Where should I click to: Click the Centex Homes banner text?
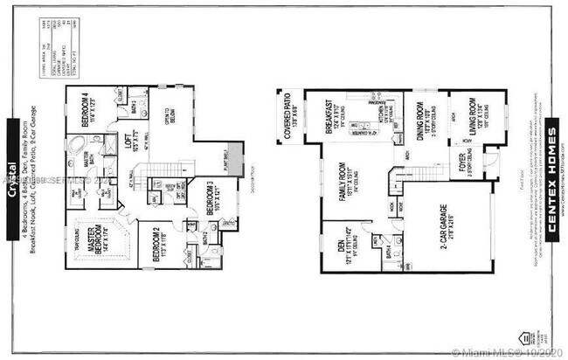[552, 180]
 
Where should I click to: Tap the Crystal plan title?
[12, 181]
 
